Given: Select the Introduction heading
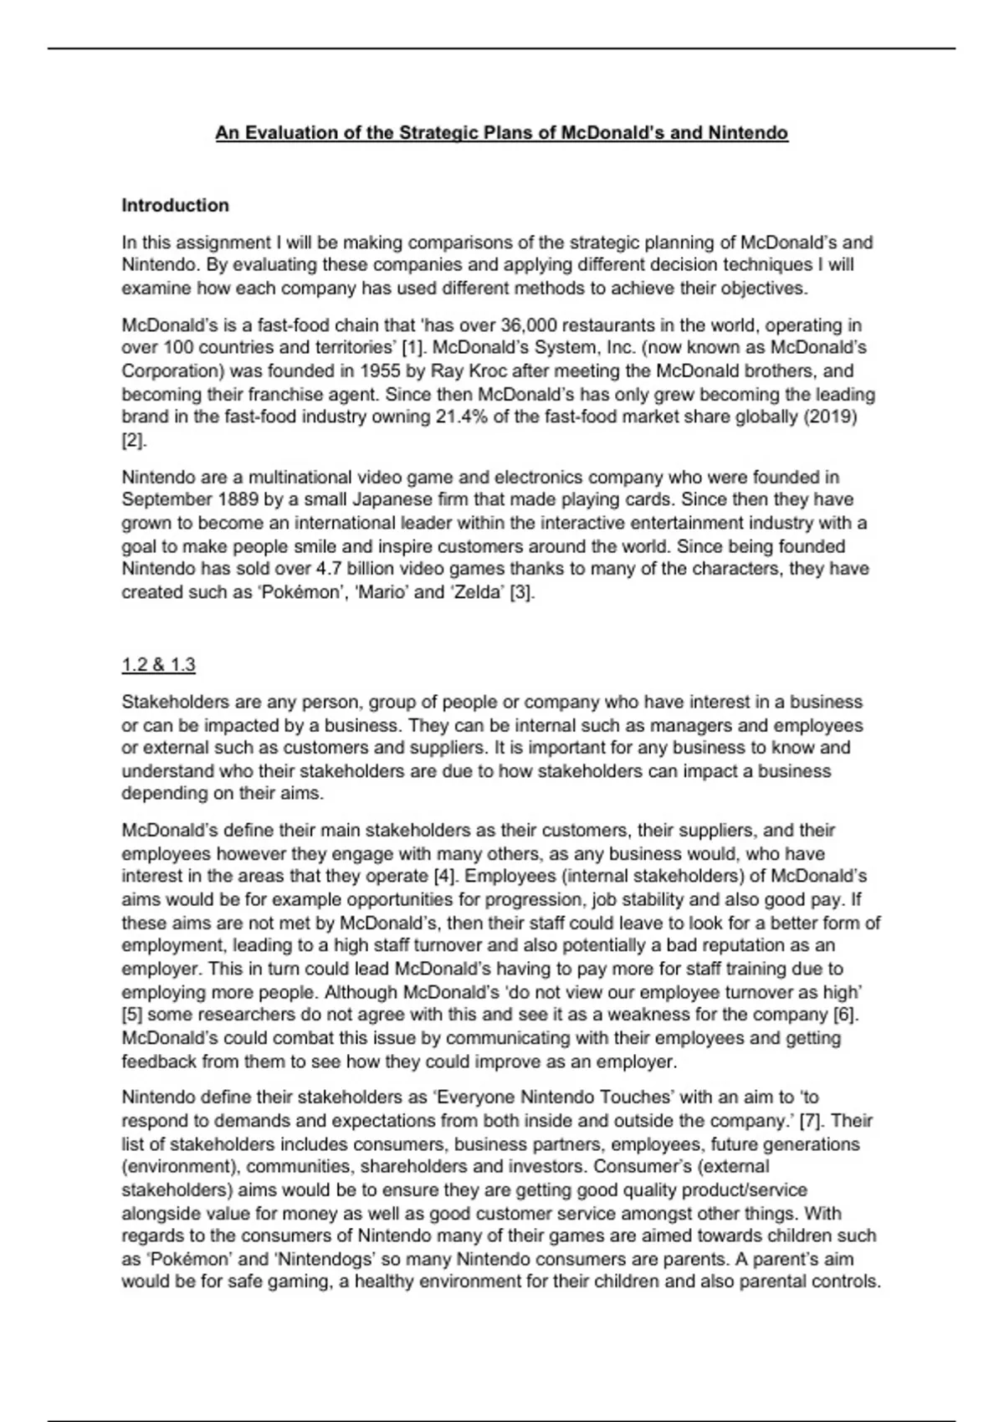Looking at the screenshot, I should pos(175,206).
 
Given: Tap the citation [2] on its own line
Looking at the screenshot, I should pos(133,441).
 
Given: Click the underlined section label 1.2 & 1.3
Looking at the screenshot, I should pos(158,665).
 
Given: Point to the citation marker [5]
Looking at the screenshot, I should pos(133,1015).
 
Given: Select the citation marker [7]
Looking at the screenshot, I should pos(812,1121).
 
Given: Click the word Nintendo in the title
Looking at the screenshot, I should pos(748,133).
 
